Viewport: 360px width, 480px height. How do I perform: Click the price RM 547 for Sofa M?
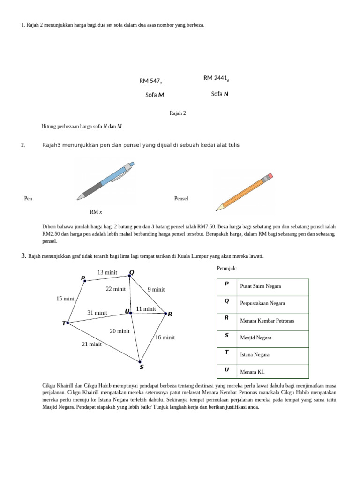click(x=150, y=81)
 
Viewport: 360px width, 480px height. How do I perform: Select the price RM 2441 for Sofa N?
click(x=216, y=78)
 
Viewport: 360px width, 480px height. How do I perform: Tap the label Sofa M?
click(x=155, y=95)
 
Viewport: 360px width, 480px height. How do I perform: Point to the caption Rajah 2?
click(x=178, y=113)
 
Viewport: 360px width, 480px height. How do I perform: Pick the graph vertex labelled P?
click(x=84, y=281)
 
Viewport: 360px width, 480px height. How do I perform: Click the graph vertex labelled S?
click(x=140, y=361)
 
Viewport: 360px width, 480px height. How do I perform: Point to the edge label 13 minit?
click(x=107, y=272)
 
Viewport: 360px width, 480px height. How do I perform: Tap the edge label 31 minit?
click(x=97, y=313)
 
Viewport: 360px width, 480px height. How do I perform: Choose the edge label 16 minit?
click(x=165, y=337)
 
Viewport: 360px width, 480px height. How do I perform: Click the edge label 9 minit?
click(x=156, y=289)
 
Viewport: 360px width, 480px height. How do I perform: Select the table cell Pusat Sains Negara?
click(x=261, y=286)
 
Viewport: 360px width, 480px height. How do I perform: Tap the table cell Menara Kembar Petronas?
click(x=267, y=321)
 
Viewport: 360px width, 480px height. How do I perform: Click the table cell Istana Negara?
click(x=255, y=355)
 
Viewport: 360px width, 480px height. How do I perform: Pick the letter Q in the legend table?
click(x=227, y=301)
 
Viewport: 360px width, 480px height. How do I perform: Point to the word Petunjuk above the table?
click(x=227, y=268)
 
